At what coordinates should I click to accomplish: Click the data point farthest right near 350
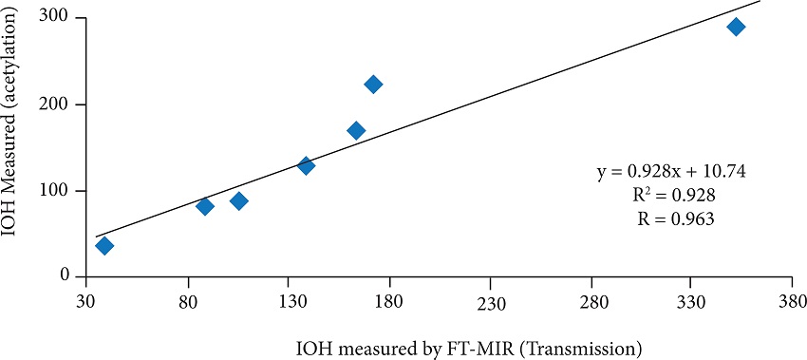(736, 27)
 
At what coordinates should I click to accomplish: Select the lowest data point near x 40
(104, 246)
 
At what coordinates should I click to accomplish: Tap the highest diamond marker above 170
(373, 85)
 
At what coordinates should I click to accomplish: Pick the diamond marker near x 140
(306, 165)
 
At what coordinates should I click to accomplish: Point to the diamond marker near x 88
(204, 206)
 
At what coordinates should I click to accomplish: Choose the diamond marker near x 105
(238, 200)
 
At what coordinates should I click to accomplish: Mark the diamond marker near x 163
(356, 130)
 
